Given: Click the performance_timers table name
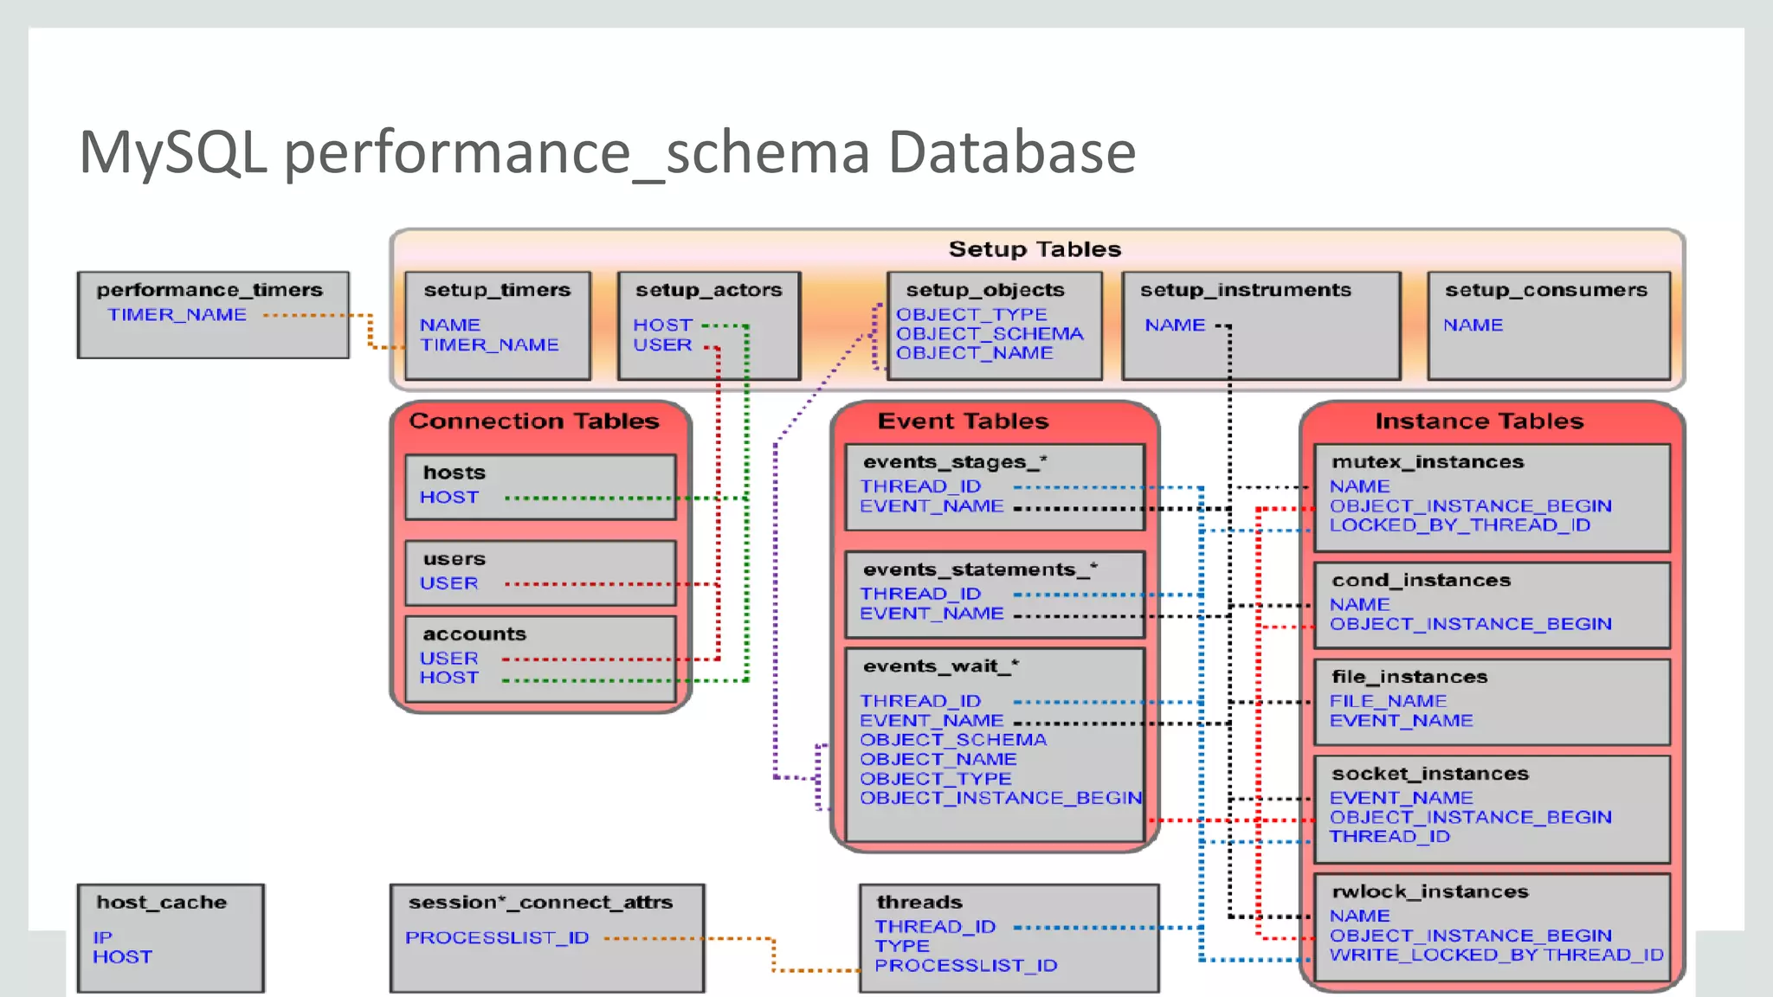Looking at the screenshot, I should click(x=210, y=290).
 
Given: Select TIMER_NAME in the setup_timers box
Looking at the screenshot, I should click(x=489, y=345).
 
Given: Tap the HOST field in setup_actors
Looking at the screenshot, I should click(x=662, y=325).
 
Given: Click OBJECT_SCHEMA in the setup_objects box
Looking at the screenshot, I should click(x=990, y=334).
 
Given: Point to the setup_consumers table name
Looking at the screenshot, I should click(x=1545, y=291).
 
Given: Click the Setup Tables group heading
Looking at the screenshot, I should click(x=1035, y=249).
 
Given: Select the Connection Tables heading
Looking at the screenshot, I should click(x=534, y=421).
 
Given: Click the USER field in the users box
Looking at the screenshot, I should click(x=448, y=584).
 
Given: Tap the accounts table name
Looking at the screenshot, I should click(x=474, y=634).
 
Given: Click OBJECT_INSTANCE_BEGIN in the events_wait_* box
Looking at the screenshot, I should click(x=1001, y=798).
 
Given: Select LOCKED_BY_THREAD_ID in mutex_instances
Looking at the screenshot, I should click(x=1460, y=525).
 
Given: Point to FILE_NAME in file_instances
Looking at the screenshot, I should click(x=1388, y=701).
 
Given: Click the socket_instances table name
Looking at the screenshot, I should click(x=1430, y=774).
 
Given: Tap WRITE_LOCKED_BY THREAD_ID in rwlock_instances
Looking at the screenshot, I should click(x=1496, y=955).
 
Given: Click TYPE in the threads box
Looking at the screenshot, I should click(x=901, y=947).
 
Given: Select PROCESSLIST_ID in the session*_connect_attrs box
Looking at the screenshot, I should click(x=497, y=938).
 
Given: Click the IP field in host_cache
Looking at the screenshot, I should click(x=102, y=937).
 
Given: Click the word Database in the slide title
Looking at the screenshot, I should click(x=1011, y=153).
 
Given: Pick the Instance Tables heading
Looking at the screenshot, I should click(x=1479, y=421).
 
